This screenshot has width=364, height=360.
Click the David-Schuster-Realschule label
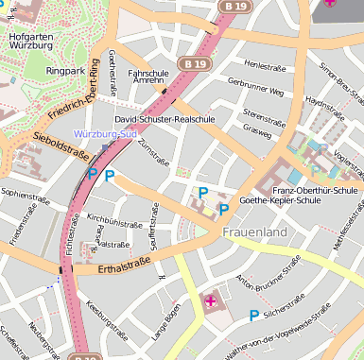(165, 120)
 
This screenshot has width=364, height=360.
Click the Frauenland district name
(254, 231)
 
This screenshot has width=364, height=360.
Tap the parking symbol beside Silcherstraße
(253, 316)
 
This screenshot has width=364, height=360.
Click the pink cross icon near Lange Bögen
(210, 301)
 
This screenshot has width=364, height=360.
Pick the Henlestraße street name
(264, 65)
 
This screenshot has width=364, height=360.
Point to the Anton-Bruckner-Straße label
(256, 294)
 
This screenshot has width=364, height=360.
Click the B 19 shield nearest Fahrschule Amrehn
(195, 63)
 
